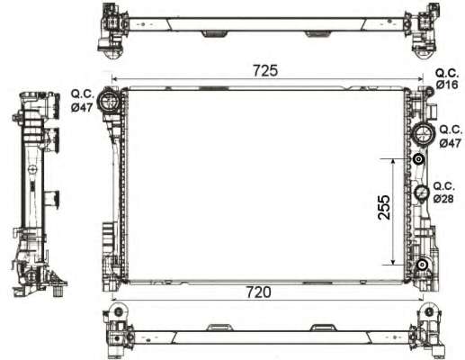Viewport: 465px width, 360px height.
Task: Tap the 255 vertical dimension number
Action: tap(382, 210)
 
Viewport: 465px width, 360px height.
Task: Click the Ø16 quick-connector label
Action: tap(447, 85)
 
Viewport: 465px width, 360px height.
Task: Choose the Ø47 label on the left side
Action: tap(82, 106)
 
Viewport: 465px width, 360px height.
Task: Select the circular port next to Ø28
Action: tap(420, 193)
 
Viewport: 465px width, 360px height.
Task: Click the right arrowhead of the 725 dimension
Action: tap(425, 79)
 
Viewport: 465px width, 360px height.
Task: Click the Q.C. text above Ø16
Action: tap(447, 72)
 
